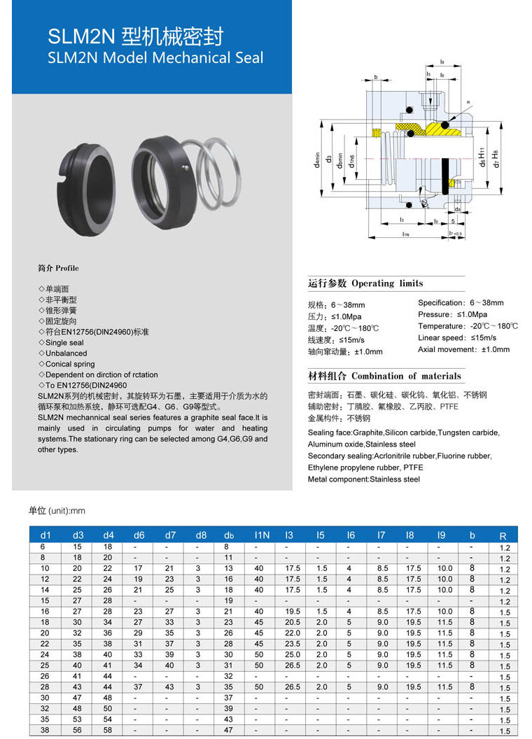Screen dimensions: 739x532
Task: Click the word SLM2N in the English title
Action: (x=73, y=57)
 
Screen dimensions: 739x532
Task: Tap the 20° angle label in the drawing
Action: (x=424, y=203)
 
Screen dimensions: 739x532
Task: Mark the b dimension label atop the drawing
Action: (x=376, y=77)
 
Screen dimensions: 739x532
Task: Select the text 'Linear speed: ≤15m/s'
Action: (x=457, y=338)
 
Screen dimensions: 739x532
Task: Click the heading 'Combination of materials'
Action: (x=406, y=376)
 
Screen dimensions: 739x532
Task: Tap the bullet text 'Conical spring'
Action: (x=70, y=364)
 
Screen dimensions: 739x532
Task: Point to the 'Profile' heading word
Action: (x=66, y=268)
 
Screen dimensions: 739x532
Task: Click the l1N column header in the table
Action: (x=262, y=535)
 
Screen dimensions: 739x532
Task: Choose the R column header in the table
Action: (x=503, y=536)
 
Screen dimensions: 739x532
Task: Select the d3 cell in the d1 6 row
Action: (x=78, y=547)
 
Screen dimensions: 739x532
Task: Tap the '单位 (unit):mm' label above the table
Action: (x=57, y=511)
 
